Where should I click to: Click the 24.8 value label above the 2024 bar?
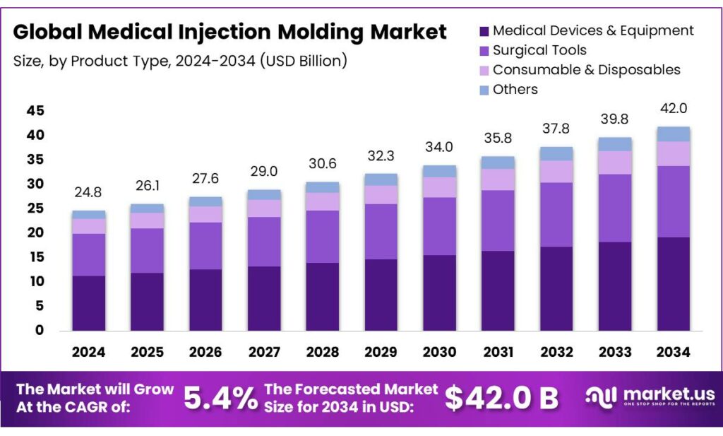[88, 192]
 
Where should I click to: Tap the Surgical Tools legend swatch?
[484, 51]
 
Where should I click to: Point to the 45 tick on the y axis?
[35, 111]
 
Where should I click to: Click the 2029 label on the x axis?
[381, 352]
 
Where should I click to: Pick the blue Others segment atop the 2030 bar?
[439, 171]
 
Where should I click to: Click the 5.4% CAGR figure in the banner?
[220, 399]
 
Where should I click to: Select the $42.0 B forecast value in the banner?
[501, 399]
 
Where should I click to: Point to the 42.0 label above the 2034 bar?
[673, 109]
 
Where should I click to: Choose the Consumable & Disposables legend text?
[586, 70]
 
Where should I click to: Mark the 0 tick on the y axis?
[40, 330]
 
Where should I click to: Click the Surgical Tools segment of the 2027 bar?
[264, 241]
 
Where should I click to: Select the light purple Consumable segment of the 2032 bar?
[556, 171]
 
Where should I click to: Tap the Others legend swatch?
[484, 90]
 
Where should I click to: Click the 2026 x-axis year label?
[205, 352]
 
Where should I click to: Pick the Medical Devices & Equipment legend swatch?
[484, 31]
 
